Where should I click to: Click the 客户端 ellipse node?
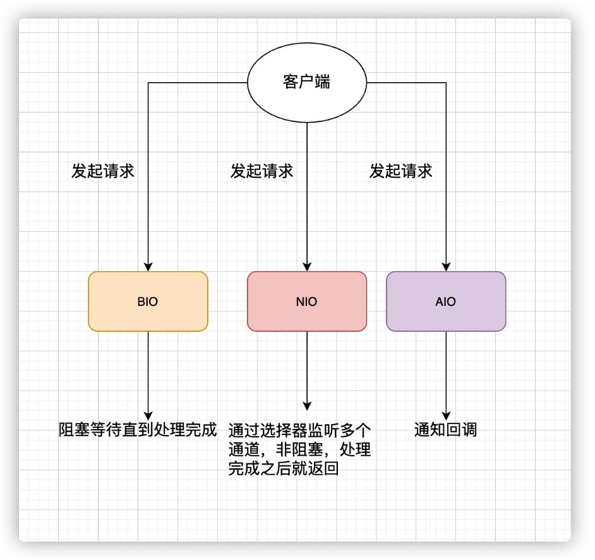(x=306, y=82)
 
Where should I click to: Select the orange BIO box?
(x=148, y=301)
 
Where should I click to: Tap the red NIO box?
(x=306, y=301)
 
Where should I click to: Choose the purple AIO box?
(x=446, y=301)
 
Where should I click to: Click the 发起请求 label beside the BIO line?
(x=102, y=171)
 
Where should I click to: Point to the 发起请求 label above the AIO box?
(x=400, y=171)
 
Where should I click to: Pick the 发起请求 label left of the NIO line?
(x=261, y=171)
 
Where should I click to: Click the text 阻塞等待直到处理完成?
(x=138, y=430)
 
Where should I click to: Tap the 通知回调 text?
(x=445, y=430)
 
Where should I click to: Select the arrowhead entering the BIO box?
(x=148, y=266)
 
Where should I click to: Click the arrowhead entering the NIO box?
(x=307, y=266)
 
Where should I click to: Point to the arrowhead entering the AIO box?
(x=446, y=266)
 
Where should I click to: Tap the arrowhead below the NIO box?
(x=307, y=405)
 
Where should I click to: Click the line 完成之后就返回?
(x=284, y=470)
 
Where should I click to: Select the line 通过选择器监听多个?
(x=299, y=430)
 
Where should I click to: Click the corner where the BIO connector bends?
(x=148, y=83)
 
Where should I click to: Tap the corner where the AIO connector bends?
(x=446, y=83)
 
